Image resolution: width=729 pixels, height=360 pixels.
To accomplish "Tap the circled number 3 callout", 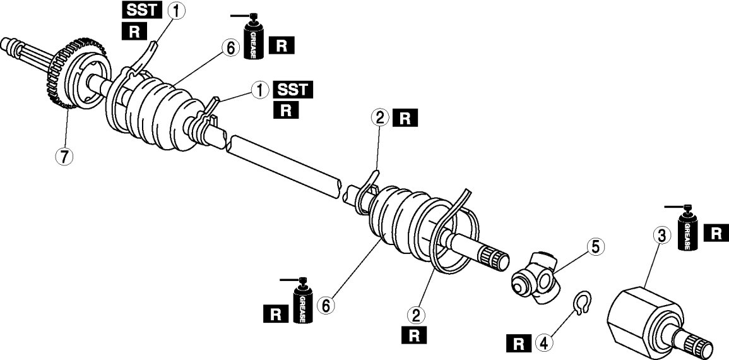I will pos(661,237).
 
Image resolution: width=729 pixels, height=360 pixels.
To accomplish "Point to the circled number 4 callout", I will pos(543,344).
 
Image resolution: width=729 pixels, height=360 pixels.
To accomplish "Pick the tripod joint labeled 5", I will pos(535,276).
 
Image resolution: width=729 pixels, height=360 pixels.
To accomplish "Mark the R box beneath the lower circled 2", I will pos(415,335).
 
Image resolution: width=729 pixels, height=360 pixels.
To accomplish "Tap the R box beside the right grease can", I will pos(715,232).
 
